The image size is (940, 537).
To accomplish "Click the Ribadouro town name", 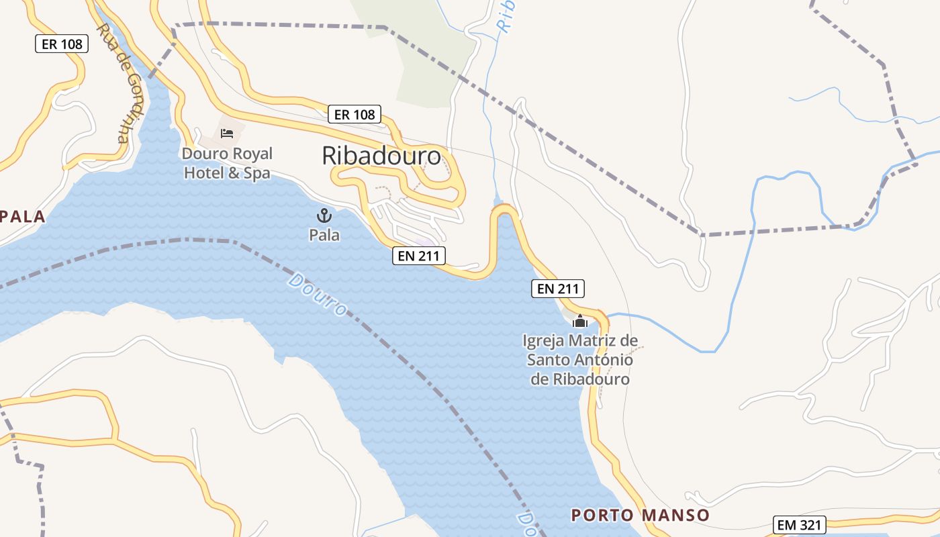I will pos(381,156).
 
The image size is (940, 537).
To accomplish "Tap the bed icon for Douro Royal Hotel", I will pos(227,133).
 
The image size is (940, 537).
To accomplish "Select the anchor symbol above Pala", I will pos(324,215).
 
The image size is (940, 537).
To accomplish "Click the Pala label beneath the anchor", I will pos(324,235).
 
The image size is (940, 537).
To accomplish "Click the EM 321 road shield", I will pos(799,525).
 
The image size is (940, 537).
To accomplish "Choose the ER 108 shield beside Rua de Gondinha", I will pos(62,44).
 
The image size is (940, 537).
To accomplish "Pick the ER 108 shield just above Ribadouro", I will pos(355,114).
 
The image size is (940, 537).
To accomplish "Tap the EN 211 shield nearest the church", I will pos(558,289).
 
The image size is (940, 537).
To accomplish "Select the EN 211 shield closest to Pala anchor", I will pos(419,255).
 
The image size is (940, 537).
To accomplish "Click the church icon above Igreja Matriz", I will pos(581,322).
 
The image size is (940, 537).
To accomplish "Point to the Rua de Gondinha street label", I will pos(112,84).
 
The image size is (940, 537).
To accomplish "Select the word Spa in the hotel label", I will pos(257,173).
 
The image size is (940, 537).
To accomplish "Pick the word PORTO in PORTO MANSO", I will pos(601,515).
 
